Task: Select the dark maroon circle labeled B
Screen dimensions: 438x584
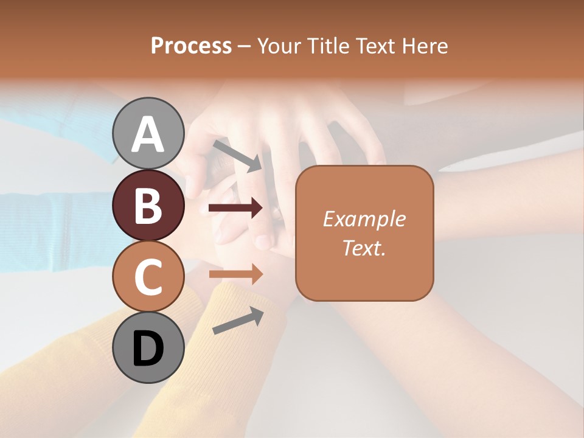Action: (x=148, y=205)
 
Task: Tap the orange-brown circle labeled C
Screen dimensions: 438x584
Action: (x=148, y=277)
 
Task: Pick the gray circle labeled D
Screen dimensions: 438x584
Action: (x=148, y=349)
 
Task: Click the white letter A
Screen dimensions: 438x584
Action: (x=148, y=134)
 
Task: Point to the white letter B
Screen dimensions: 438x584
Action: (x=148, y=206)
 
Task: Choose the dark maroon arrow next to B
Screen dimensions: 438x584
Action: (x=235, y=208)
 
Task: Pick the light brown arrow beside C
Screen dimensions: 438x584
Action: (x=235, y=274)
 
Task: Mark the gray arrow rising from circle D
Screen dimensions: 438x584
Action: (x=238, y=321)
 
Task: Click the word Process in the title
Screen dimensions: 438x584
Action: (x=191, y=46)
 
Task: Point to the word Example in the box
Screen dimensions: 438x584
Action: (x=364, y=219)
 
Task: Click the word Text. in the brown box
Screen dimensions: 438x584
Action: (x=364, y=248)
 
